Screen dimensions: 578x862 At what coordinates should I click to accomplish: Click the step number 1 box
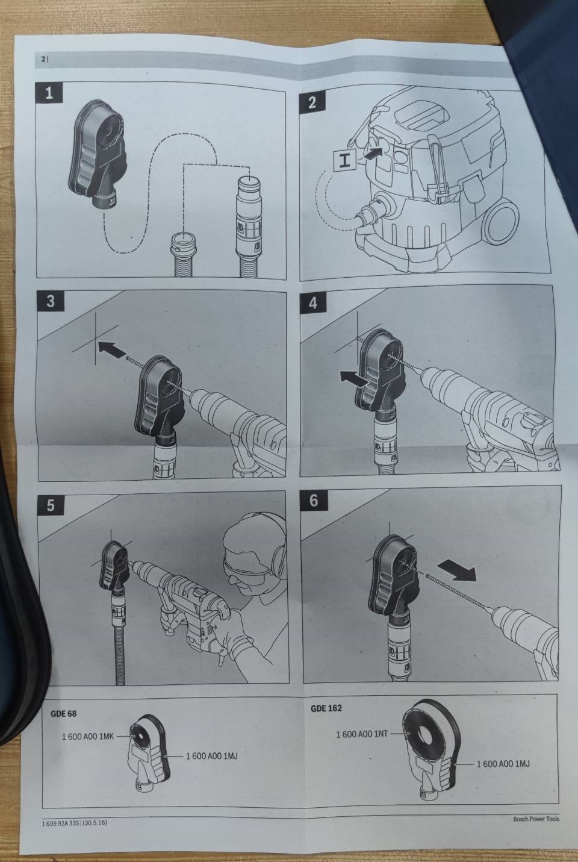(49, 93)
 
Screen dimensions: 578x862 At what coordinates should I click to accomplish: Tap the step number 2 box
(312, 102)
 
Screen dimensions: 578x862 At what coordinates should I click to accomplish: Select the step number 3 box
(51, 301)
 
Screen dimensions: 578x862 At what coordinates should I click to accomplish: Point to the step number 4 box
(313, 303)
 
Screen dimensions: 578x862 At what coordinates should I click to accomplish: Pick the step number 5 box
(51, 505)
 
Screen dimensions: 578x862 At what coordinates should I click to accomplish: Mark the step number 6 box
(314, 501)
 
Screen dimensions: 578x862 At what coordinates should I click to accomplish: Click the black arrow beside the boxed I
(373, 153)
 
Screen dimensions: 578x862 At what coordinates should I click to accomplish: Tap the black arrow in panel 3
(112, 350)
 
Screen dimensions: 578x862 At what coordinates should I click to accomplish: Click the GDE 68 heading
(63, 714)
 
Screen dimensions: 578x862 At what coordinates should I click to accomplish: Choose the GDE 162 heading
(326, 708)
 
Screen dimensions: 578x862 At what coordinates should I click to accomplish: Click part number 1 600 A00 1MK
(88, 737)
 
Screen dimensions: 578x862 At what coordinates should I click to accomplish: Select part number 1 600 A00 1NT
(362, 734)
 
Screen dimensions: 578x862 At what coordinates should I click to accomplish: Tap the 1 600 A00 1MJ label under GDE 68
(212, 756)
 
